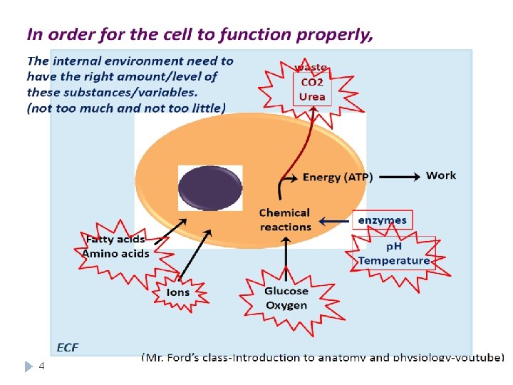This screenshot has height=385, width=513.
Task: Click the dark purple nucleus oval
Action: click(210, 188)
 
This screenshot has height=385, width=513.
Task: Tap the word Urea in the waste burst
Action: click(312, 97)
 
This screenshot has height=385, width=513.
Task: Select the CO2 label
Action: click(312, 83)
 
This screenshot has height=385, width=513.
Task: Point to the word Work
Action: click(441, 175)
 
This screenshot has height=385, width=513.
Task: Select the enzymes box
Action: click(382, 220)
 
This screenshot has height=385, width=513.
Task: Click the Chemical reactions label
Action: click(285, 220)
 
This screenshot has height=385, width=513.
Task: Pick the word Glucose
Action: click(286, 291)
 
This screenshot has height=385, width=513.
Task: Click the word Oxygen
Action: click(286, 305)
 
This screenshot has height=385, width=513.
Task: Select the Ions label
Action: click(178, 292)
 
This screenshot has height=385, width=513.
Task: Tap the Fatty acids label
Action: click(114, 240)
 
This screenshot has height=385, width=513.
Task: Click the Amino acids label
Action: click(116, 254)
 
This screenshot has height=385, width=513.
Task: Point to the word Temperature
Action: click(394, 260)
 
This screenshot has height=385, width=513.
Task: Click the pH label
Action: click(394, 247)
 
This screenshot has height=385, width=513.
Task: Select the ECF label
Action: click(67, 348)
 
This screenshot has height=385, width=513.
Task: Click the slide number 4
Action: click(41, 366)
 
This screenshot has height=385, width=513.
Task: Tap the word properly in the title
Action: click(334, 34)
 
